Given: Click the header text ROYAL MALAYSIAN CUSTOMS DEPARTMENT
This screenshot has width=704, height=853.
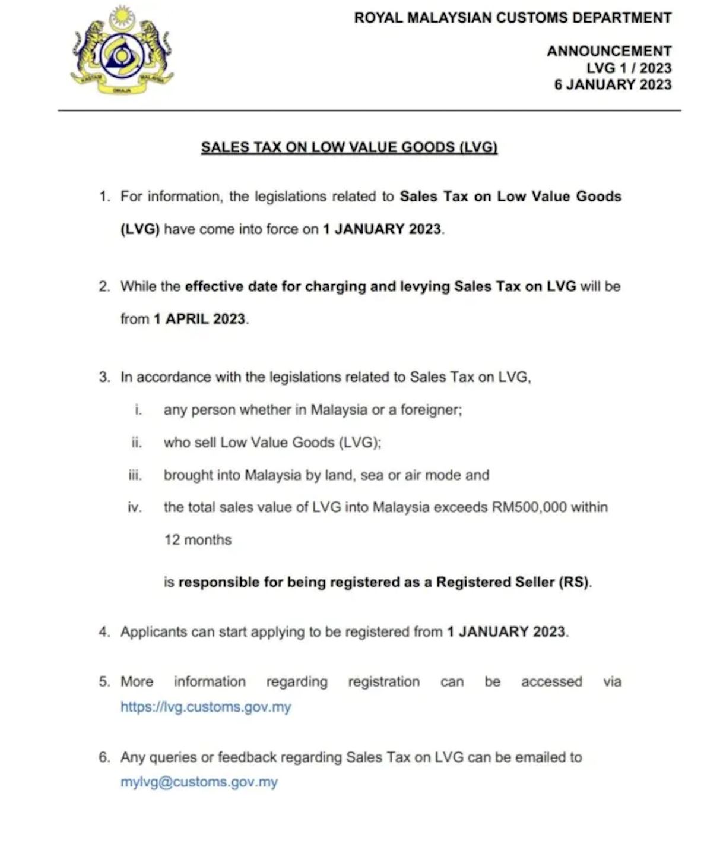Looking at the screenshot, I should point(512,18).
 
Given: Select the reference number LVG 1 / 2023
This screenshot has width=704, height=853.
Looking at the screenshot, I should point(629,68).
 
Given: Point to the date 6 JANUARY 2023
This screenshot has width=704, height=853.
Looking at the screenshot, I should point(613,84).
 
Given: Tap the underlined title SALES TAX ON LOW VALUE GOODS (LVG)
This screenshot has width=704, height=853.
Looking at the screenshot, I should point(349,147).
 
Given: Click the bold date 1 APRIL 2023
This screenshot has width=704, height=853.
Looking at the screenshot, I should point(199,319).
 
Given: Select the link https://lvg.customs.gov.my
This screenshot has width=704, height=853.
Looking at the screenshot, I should point(205,707).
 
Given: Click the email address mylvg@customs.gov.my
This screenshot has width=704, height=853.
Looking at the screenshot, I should point(199,782).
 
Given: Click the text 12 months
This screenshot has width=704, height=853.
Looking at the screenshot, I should point(198,540).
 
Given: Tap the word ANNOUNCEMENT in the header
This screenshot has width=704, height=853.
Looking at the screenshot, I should point(609,51).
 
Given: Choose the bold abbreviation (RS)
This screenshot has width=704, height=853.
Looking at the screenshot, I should point(574,582).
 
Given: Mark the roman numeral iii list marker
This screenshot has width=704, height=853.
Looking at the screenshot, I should point(135,475).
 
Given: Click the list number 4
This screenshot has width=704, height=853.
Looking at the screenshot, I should point(104,632).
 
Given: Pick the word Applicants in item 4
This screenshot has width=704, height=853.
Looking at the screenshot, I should point(153,632).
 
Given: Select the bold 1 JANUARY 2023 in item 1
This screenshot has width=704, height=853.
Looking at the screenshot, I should point(382,229).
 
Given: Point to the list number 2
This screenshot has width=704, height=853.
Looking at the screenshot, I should point(104,287).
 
